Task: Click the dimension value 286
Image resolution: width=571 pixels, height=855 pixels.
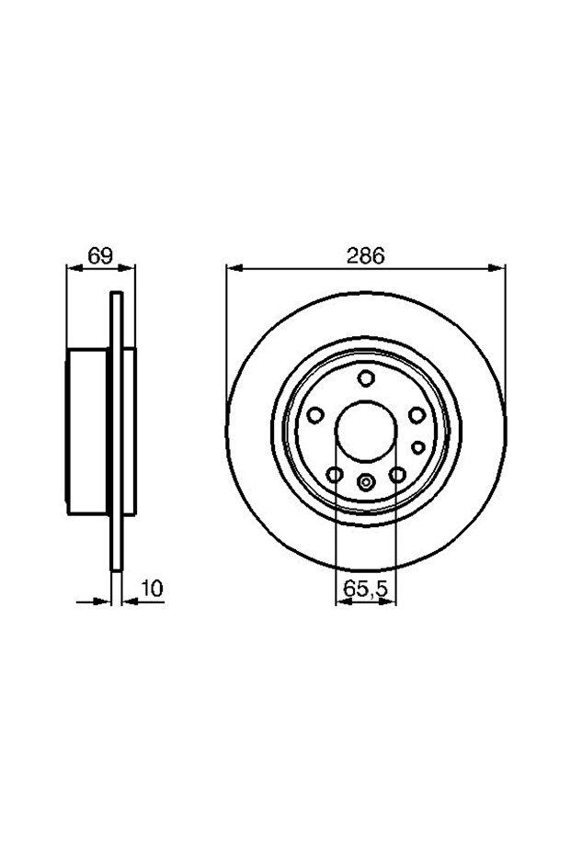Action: tap(366, 255)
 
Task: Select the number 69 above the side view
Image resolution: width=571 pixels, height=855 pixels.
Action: tap(100, 255)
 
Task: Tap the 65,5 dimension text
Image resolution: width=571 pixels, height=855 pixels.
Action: tap(365, 588)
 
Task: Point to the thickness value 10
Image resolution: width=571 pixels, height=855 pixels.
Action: tap(153, 589)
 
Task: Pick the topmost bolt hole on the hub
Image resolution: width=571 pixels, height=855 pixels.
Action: tap(366, 377)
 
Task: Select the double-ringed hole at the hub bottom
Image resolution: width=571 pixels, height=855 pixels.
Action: tap(366, 482)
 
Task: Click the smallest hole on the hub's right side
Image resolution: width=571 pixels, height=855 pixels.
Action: tap(417, 447)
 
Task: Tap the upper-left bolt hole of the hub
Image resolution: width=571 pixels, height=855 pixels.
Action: tap(315, 415)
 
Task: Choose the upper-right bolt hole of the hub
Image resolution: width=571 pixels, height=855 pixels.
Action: tap(417, 415)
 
